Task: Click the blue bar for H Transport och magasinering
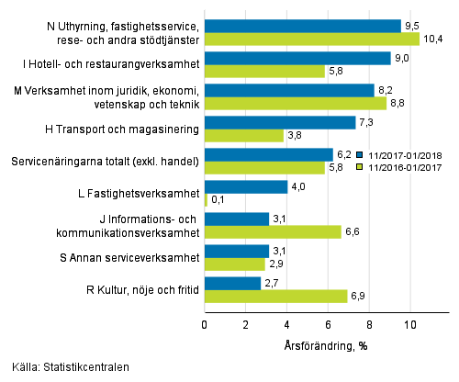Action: tap(279, 122)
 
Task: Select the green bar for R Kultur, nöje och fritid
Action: tap(275, 297)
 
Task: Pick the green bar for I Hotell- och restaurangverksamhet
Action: tap(264, 71)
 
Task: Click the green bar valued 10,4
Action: tap(311, 39)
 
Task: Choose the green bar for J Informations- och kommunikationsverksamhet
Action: tap(272, 231)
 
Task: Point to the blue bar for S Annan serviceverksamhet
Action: tap(236, 251)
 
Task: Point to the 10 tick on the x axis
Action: tap(409, 324)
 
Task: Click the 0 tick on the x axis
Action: tap(204, 324)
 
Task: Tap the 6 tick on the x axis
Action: tap(328, 324)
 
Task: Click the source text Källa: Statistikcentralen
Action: tap(65, 368)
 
